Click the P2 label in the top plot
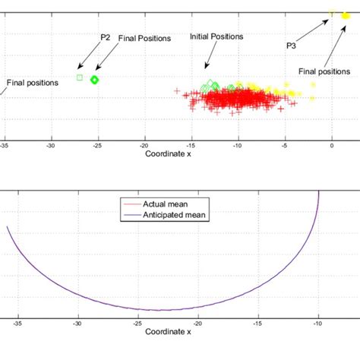(106, 36)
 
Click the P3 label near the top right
(291, 46)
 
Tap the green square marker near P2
(80, 77)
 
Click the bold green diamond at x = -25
(95, 79)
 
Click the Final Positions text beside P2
(144, 37)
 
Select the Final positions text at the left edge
(32, 83)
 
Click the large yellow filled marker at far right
(347, 14)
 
